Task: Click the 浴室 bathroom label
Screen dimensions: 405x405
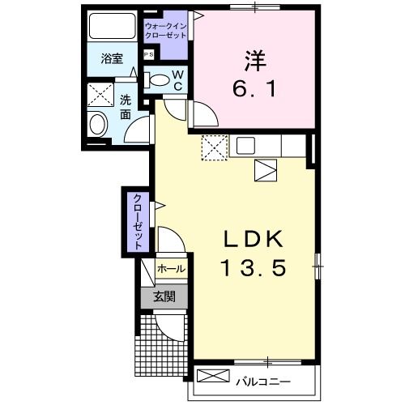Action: pos(112,59)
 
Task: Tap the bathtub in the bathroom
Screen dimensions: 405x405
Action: pos(112,27)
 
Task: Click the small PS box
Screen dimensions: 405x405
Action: pos(148,54)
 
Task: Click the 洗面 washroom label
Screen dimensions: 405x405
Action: pos(126,108)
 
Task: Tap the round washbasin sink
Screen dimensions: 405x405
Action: pos(98,125)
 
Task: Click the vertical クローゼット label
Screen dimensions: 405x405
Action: pos(137,220)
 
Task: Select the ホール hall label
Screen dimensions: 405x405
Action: pos(170,269)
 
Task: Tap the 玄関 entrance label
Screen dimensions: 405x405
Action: pos(164,296)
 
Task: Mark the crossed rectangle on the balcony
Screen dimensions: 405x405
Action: pos(213,377)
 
